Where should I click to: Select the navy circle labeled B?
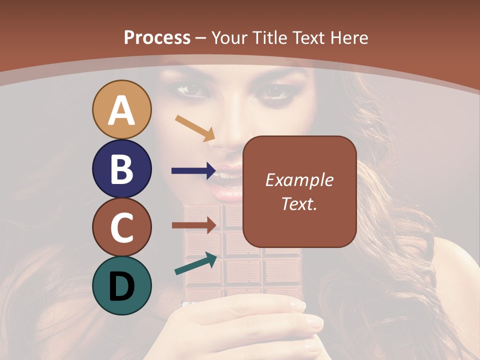click(x=121, y=168)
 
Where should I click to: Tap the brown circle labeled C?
click(x=121, y=227)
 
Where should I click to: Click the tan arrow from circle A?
click(x=195, y=127)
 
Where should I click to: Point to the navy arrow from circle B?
click(x=193, y=170)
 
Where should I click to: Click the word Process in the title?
click(x=157, y=37)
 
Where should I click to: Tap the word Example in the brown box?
click(x=299, y=180)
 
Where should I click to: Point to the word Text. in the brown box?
click(x=299, y=203)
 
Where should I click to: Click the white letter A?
click(x=121, y=110)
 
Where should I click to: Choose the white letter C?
click(x=121, y=227)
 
